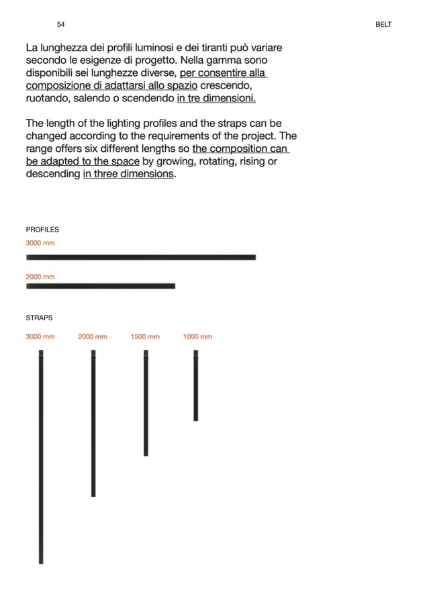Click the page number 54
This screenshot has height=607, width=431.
click(61, 25)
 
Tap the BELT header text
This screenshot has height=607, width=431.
click(383, 25)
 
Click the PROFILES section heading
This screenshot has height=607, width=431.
click(42, 230)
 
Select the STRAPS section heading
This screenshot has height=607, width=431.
click(39, 318)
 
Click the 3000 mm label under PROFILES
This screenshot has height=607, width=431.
click(40, 243)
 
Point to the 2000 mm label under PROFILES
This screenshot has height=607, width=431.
click(40, 277)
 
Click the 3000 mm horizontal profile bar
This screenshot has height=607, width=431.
click(141, 257)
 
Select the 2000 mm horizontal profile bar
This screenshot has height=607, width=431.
click(101, 286)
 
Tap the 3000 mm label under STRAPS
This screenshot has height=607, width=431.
click(40, 336)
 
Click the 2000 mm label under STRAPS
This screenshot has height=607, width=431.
click(93, 336)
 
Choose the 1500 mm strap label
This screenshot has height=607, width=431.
click(145, 336)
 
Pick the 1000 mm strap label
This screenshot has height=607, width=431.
click(197, 336)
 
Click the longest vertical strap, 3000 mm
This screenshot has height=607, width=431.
click(41, 457)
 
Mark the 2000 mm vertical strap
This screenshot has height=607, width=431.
click(93, 423)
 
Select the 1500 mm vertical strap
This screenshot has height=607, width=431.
click(146, 403)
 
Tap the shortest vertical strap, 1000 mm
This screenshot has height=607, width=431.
click(196, 385)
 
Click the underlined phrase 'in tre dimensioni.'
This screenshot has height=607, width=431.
click(216, 99)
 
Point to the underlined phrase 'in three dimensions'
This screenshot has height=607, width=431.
click(128, 174)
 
